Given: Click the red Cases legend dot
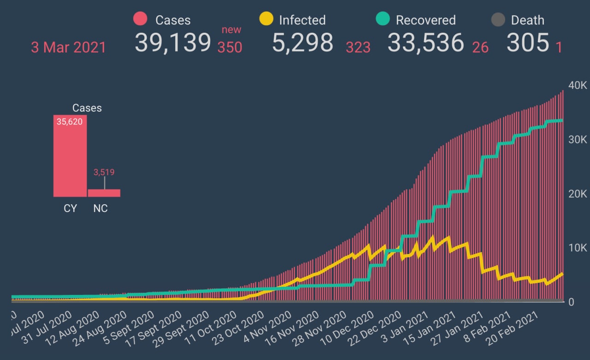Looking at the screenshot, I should pos(140,19).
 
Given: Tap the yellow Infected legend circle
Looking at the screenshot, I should pos(266,19).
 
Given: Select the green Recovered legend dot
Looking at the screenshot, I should pos(383,19).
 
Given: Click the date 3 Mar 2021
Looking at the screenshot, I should pos(68,47).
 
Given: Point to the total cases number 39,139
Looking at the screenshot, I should pos(173,42).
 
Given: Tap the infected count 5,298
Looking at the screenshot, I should pos(302,42).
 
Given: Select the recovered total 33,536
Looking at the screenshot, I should pos(425,42).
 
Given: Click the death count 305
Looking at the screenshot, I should pos(528,42).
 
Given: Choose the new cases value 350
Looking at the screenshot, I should pos(230,47).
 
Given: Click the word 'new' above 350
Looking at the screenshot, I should pos(231,30).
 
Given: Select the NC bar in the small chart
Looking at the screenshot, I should pos(104,193).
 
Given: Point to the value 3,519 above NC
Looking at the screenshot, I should pos(104,172).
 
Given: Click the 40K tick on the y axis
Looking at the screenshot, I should pos(578,86).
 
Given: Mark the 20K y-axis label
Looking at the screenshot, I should pos(578,194).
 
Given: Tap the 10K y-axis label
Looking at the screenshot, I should pos(578,248).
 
